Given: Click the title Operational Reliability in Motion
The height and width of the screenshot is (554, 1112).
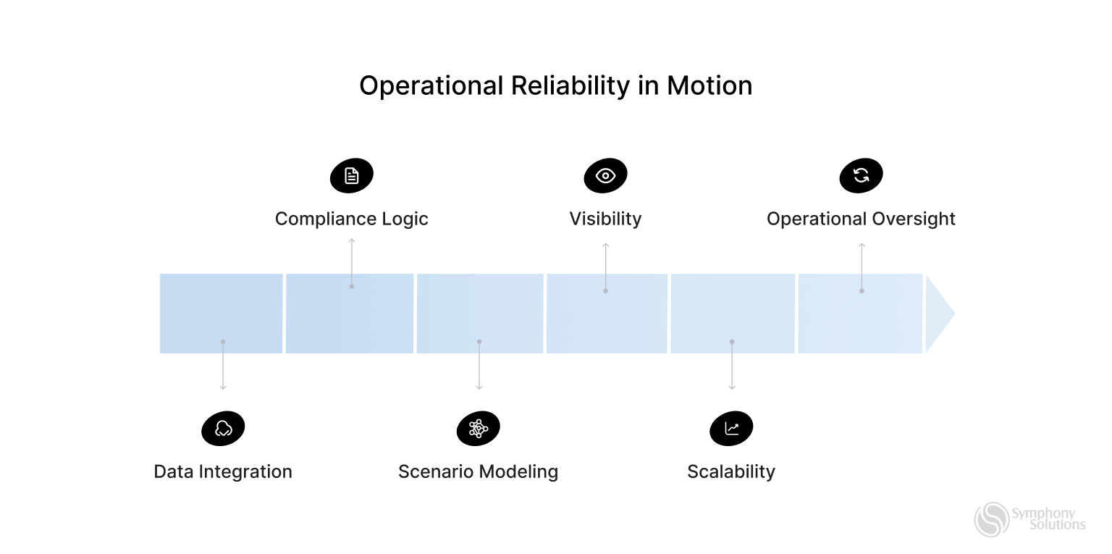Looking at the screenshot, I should [555, 86].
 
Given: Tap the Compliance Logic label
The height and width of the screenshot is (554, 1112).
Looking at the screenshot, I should [351, 219].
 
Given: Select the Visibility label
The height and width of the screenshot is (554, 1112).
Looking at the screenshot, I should [605, 219].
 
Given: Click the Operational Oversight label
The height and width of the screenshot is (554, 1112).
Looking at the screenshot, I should [861, 219].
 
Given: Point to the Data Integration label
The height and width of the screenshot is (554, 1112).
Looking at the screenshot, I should [223, 471].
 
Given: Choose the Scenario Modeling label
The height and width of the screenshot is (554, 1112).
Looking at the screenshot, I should [478, 471].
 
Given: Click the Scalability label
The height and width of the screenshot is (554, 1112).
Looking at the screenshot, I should [731, 471].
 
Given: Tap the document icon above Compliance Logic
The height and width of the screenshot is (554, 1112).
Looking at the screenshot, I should [352, 176].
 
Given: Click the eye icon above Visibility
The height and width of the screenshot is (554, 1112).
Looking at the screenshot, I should [605, 176].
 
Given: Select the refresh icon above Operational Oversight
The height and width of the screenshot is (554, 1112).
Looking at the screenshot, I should [861, 176].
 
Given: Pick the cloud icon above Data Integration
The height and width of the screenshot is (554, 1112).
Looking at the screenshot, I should [223, 429].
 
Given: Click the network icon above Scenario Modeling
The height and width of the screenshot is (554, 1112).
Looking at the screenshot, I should [478, 429].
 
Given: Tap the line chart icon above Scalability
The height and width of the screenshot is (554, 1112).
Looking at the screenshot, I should [731, 429].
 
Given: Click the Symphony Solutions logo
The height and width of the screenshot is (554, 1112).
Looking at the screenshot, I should [1029, 519].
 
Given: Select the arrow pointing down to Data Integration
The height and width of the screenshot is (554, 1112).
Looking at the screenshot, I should [223, 366].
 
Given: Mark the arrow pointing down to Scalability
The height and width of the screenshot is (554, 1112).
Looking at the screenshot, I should [732, 366].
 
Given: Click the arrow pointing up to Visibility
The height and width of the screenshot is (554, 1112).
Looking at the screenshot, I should [605, 266].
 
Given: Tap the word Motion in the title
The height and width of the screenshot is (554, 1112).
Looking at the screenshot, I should [709, 86].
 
